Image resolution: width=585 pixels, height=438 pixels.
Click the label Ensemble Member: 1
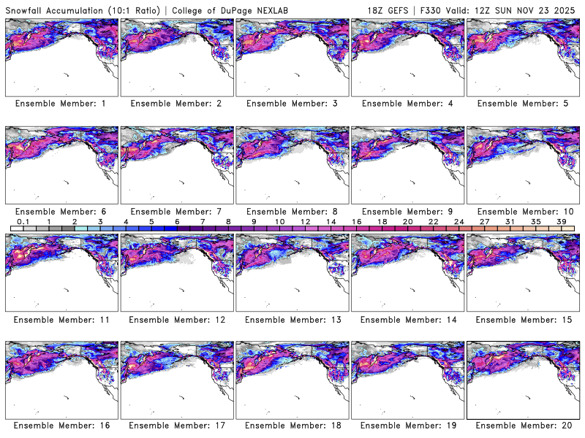61,104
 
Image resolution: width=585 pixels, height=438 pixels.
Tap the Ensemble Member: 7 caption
176,212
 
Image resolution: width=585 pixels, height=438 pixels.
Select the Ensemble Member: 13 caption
292,320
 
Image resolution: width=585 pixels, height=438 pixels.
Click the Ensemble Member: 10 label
522,212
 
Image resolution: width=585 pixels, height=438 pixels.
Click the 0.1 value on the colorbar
23,221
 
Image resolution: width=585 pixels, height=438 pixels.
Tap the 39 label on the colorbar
561,221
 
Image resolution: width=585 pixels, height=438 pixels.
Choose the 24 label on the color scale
458,221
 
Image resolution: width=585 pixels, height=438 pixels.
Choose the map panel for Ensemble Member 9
407,164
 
